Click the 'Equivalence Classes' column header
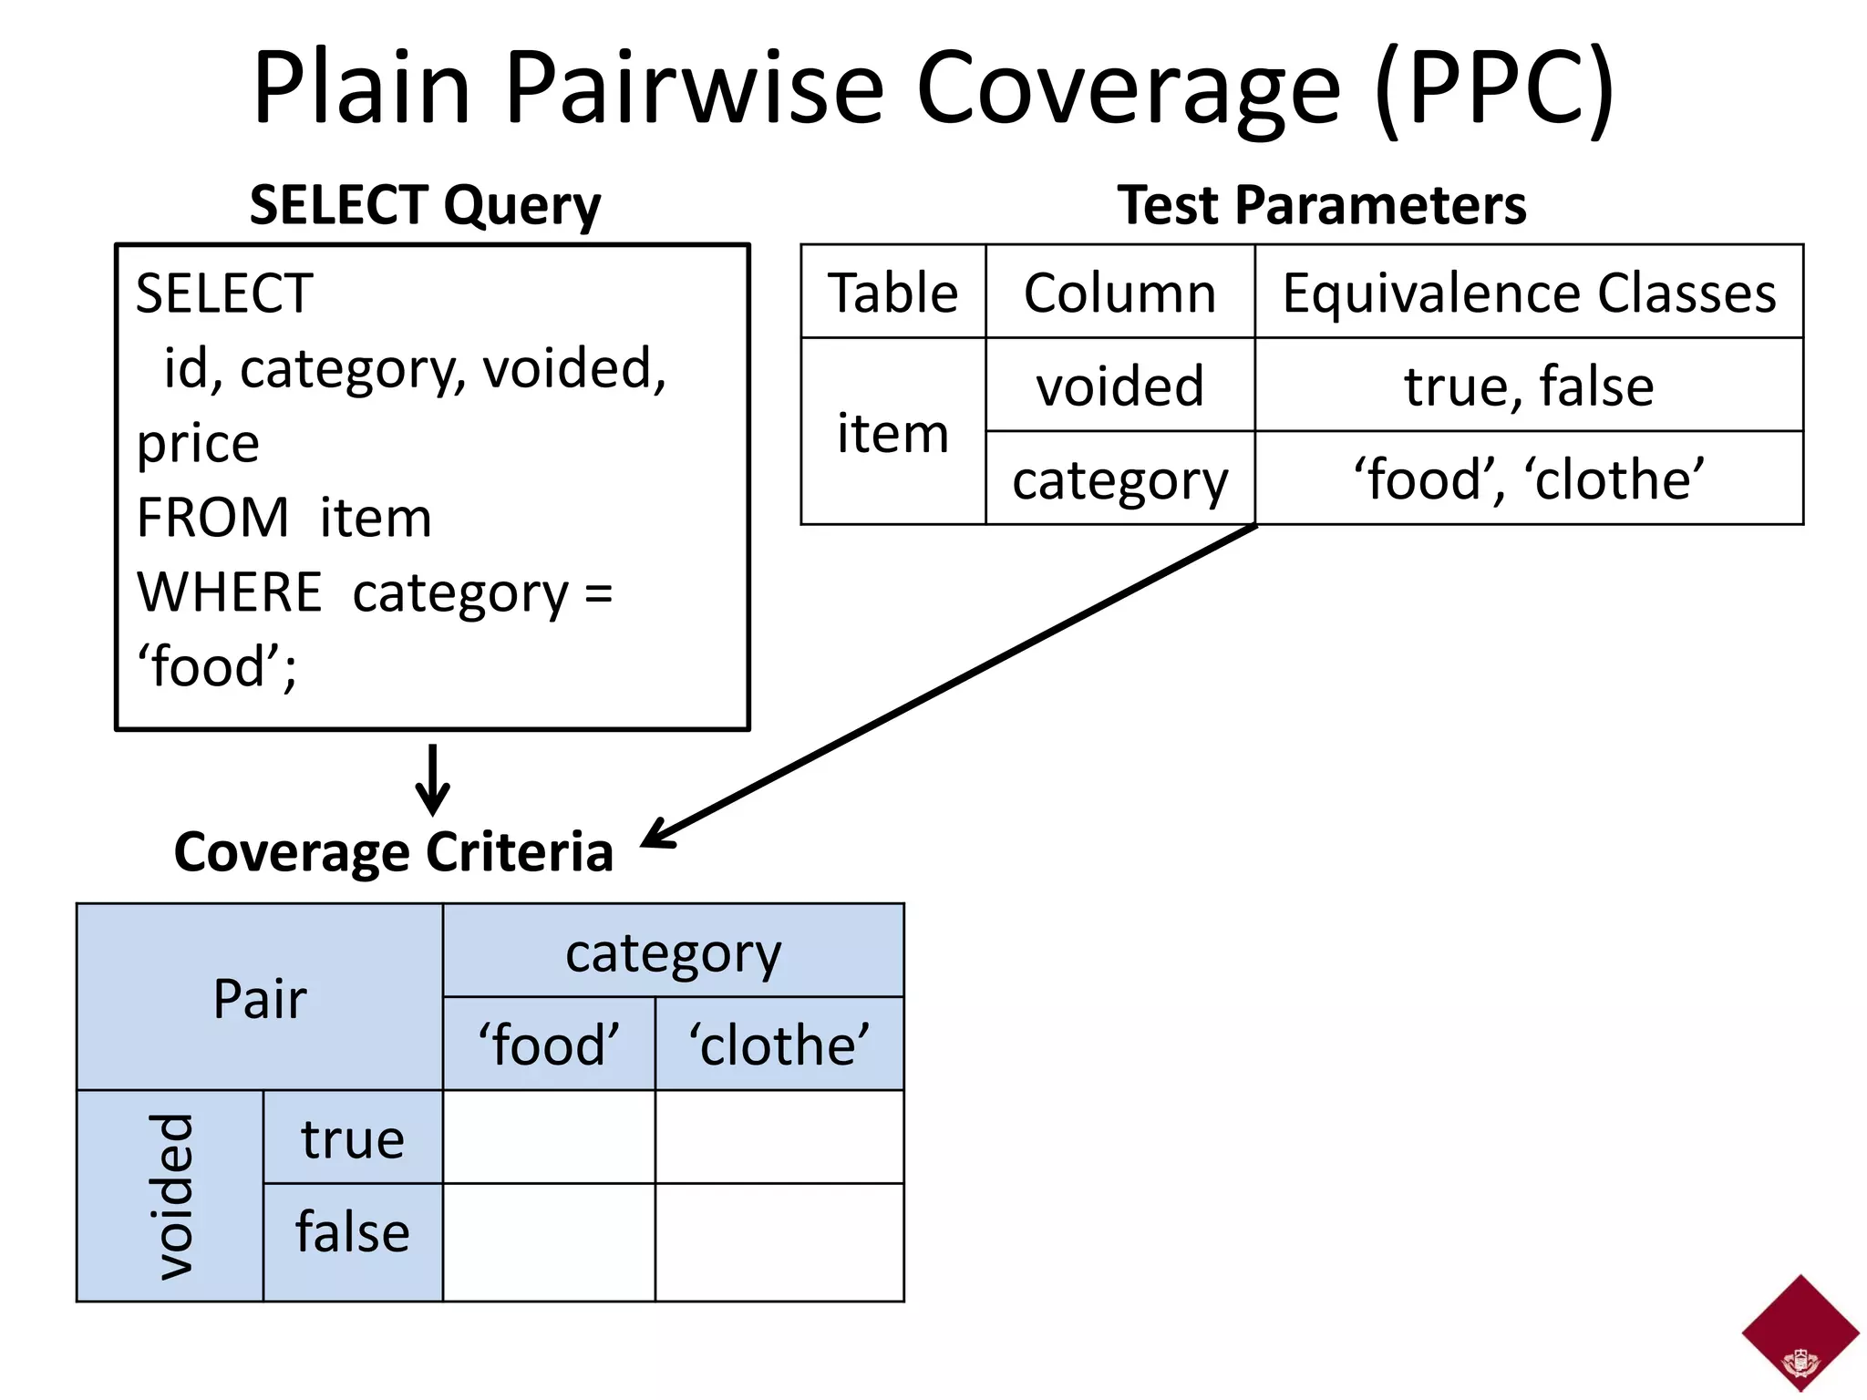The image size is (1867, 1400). (1529, 293)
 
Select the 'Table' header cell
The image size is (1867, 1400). (892, 293)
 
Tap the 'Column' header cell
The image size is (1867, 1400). (1119, 293)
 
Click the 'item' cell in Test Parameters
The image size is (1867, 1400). (892, 432)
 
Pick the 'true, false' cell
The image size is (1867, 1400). (1529, 386)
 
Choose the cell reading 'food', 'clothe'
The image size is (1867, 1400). (1529, 479)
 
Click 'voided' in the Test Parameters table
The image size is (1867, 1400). (1119, 386)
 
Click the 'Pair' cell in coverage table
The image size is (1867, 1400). (260, 998)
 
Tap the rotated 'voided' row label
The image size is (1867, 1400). (170, 1196)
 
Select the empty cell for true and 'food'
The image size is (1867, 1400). (549, 1137)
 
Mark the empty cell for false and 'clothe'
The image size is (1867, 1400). (779, 1241)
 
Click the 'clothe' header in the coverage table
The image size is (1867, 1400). (779, 1045)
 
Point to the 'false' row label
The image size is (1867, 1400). (353, 1232)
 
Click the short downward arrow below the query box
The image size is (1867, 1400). (432, 779)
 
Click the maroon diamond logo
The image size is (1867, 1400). (1800, 1332)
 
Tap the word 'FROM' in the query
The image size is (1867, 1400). (212, 518)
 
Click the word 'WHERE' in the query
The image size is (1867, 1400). (229, 592)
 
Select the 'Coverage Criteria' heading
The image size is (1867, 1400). (393, 852)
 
